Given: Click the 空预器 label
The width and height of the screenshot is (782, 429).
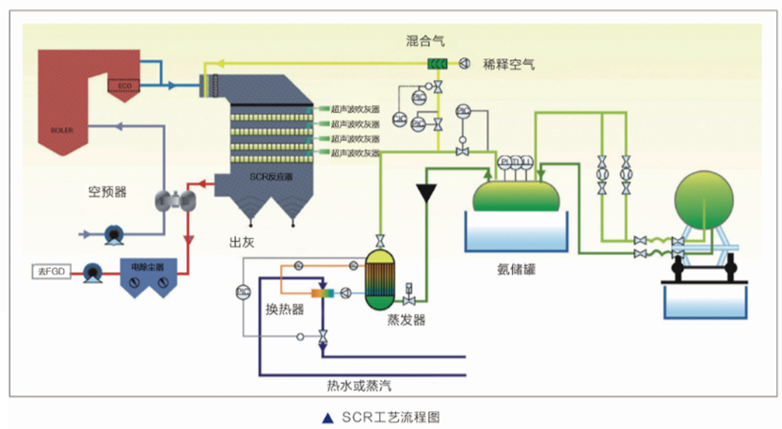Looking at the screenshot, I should coord(108,192).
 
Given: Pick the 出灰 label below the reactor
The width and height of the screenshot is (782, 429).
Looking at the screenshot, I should coord(242,242).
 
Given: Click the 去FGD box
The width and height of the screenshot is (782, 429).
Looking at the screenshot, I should coord(48,272).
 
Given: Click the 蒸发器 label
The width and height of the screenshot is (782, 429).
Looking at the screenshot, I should coord(407,320).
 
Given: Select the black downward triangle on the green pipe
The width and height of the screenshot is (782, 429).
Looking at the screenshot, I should coord(430,191).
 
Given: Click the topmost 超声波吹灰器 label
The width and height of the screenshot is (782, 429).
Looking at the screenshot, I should coord(354,109).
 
